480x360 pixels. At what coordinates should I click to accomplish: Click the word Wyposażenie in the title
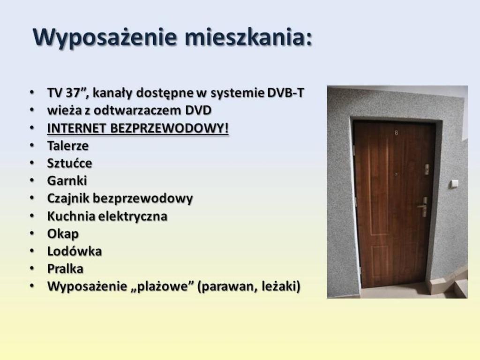[105, 37]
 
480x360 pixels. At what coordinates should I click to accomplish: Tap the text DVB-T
[285, 93]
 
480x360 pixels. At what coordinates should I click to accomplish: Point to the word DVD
[198, 110]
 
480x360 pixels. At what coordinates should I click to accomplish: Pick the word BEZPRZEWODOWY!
[169, 128]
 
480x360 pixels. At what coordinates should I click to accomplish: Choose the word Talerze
[67, 146]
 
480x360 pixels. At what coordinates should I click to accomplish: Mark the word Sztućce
[69, 163]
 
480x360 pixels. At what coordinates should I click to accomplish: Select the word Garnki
[67, 180]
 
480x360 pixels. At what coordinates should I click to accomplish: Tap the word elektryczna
[133, 216]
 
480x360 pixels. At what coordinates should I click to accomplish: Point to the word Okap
[63, 234]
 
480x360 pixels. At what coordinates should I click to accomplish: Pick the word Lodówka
[75, 251]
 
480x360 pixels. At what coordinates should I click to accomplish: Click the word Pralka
[65, 269]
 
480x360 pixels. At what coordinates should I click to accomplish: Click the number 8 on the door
[397, 133]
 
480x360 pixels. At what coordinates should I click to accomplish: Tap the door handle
[423, 207]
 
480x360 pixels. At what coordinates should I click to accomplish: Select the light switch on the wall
[454, 184]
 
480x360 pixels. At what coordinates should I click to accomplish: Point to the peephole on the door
[396, 174]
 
